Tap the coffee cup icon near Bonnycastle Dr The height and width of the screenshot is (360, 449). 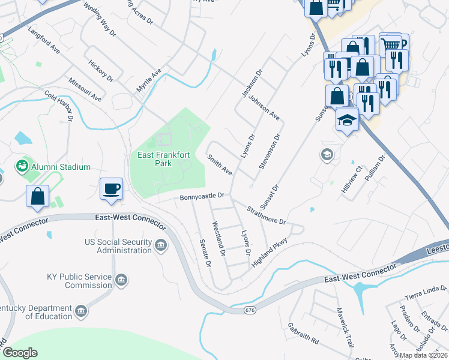(111, 189)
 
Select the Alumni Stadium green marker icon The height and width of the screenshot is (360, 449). (23, 165)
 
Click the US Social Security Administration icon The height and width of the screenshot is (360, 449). (161, 245)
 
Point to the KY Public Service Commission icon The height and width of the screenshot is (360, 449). (121, 279)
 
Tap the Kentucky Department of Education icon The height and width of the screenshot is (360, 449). (80, 310)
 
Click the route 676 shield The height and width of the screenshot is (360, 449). (250, 310)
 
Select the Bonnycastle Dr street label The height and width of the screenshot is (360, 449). (202, 196)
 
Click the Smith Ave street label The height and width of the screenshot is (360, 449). (220, 164)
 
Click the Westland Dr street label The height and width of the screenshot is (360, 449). (218, 239)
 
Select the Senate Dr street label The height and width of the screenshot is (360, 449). (205, 252)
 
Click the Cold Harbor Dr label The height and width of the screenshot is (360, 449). (59, 106)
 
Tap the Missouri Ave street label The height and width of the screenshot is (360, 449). (85, 89)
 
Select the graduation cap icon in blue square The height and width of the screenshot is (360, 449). (348, 120)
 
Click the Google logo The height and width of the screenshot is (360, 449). (20, 353)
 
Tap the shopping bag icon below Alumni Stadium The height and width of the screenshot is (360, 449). (37, 196)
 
